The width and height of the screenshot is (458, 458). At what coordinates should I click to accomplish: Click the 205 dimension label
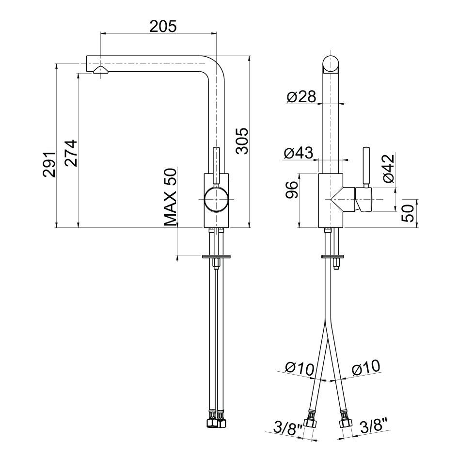[x=163, y=26]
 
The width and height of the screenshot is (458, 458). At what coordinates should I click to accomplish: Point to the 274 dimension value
[x=70, y=153]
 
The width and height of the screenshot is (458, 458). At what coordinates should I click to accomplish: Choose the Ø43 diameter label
[x=298, y=154]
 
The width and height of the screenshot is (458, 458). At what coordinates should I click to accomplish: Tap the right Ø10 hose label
[x=366, y=368]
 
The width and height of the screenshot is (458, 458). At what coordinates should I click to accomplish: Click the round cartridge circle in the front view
[x=216, y=200]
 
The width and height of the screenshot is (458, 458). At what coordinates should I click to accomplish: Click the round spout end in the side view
[x=331, y=64]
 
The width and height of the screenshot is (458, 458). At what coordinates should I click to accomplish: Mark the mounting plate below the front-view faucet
[x=216, y=256]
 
